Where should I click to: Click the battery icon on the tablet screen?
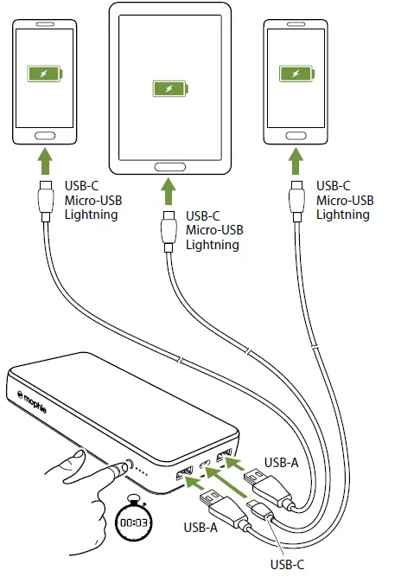click(x=169, y=87)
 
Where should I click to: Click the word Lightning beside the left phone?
click(x=92, y=214)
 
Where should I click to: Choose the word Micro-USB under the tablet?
click(x=213, y=230)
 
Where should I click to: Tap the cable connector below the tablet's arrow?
click(x=169, y=230)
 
